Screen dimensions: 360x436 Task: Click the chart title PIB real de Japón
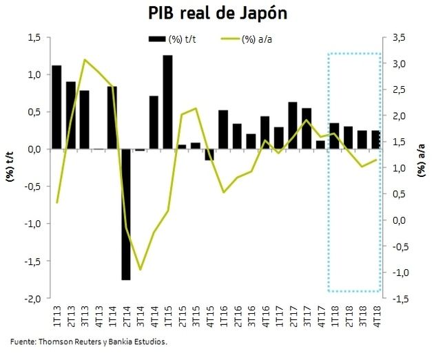point(218,13)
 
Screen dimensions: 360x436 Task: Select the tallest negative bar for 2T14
point(126,214)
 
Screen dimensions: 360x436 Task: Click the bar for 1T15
point(167,102)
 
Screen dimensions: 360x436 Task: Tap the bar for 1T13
point(56,107)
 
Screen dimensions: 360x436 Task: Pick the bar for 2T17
point(293,125)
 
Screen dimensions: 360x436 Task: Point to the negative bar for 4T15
point(209,154)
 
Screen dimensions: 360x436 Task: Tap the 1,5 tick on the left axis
point(34,37)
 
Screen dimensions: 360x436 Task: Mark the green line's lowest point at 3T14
point(141,269)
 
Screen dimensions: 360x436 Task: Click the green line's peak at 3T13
point(84,60)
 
